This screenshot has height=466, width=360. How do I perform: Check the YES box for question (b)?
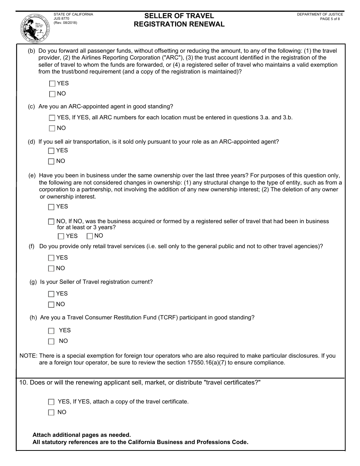click(52, 83)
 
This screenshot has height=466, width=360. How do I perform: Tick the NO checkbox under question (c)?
click(52, 128)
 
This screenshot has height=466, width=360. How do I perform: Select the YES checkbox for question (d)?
click(52, 151)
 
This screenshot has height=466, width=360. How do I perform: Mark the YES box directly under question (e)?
click(52, 207)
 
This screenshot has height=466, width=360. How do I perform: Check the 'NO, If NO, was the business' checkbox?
click(52, 222)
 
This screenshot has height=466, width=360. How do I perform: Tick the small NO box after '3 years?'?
click(90, 236)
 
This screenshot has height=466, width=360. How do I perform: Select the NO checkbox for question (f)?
click(52, 269)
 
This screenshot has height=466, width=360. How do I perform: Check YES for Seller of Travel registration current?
click(52, 294)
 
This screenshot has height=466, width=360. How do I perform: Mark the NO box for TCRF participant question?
click(52, 341)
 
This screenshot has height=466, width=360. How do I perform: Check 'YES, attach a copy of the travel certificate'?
click(52, 402)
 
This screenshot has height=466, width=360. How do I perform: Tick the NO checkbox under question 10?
click(52, 413)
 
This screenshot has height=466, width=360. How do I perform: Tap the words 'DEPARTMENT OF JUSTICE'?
click(320, 14)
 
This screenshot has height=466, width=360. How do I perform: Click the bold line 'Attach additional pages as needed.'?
click(81, 435)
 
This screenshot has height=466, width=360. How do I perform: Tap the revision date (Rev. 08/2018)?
click(66, 22)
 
